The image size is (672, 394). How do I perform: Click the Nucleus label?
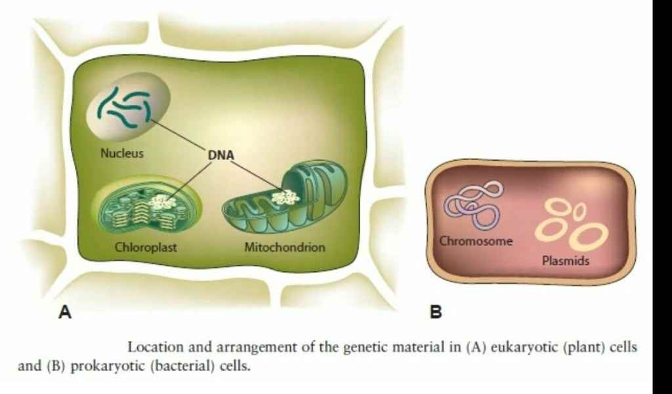click(x=122, y=153)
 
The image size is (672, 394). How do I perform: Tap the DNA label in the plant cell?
click(x=220, y=155)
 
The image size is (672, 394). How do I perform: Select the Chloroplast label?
click(x=146, y=248)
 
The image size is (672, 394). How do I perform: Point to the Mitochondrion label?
click(x=285, y=248)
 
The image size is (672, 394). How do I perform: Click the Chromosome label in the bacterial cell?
click(x=476, y=241)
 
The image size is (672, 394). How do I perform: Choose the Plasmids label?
click(x=566, y=261)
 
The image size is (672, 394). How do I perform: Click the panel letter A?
click(x=64, y=312)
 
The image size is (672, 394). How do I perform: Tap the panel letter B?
click(x=436, y=312)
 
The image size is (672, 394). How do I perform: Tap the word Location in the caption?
click(x=152, y=347)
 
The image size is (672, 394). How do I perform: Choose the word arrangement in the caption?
click(x=240, y=347)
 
